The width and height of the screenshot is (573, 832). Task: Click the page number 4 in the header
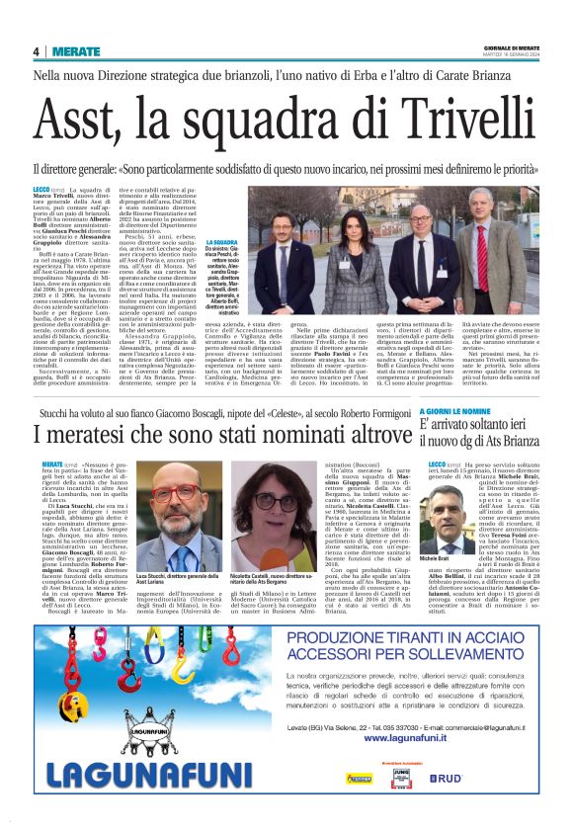click(x=36, y=51)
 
